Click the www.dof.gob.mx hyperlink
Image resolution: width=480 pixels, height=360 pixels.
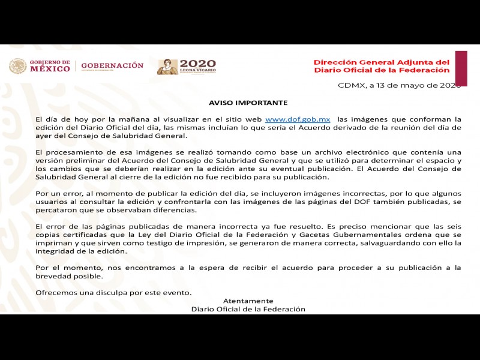click(x=298, y=119)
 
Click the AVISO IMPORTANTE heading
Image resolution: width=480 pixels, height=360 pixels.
click(x=248, y=103)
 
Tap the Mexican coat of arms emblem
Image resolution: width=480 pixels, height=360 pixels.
click(x=17, y=66)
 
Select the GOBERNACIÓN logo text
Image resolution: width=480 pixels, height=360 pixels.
click(x=112, y=65)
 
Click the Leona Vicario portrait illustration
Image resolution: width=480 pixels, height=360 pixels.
click(x=167, y=67)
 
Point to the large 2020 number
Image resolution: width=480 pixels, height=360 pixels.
click(x=198, y=63)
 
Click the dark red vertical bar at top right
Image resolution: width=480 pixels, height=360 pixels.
click(x=461, y=68)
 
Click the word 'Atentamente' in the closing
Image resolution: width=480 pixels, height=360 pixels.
click(x=248, y=301)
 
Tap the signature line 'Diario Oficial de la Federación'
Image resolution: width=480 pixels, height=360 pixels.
click(x=248, y=309)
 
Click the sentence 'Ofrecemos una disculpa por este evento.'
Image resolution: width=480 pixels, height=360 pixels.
click(x=113, y=292)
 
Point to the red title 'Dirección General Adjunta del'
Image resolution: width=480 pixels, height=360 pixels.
click(x=382, y=62)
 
